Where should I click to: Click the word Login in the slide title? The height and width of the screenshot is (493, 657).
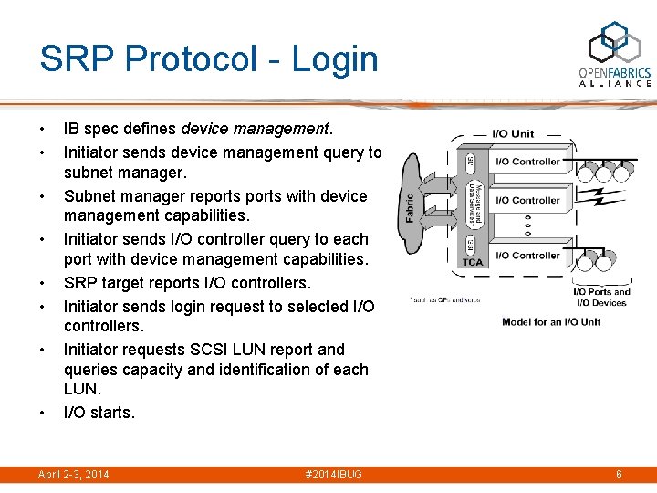point(334,59)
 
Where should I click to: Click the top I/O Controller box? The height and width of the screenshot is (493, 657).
point(527,162)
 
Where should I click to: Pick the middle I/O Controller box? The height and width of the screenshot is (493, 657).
point(527,200)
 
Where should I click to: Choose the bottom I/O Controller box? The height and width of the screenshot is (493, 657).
point(527,256)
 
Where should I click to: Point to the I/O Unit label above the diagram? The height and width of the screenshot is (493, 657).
point(513,133)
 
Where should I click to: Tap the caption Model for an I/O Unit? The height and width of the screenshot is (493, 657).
point(551,321)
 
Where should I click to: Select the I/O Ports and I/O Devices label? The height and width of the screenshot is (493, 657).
point(601,298)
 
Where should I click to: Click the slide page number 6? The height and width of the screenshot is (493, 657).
point(619,475)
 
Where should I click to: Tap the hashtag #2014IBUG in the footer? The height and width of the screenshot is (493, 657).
point(335,475)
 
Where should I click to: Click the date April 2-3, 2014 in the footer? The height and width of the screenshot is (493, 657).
point(73,475)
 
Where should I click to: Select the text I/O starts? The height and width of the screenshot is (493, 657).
point(99,413)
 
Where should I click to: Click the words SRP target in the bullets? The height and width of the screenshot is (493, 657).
point(109,283)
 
